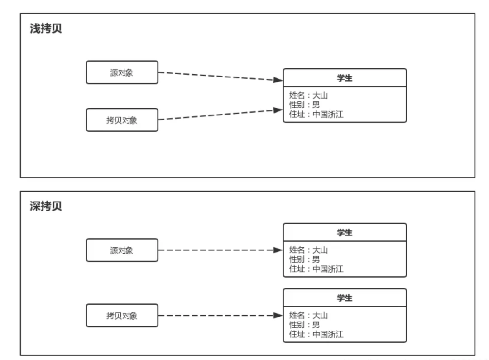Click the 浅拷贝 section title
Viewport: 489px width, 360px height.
(45, 29)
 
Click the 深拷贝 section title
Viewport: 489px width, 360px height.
(45, 206)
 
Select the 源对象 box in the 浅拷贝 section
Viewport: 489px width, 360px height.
(122, 72)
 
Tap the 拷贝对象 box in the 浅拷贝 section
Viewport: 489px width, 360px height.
(122, 120)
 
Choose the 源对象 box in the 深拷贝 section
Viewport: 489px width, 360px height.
(122, 250)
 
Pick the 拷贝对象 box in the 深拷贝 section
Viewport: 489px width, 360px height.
(122, 316)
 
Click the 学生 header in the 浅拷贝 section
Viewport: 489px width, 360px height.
(345, 78)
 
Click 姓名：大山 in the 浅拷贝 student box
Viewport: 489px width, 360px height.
(308, 96)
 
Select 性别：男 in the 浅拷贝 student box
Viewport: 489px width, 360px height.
(304, 105)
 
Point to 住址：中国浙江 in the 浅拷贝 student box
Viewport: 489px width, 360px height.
(316, 115)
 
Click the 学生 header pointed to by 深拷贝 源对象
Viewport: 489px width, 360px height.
(345, 233)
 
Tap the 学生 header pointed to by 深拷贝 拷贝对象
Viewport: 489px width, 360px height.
(345, 298)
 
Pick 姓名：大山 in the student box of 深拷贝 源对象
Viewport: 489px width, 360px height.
(308, 250)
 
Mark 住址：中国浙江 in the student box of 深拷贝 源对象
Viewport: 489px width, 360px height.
(316, 269)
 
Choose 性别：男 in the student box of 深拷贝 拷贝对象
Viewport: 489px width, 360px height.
(304, 325)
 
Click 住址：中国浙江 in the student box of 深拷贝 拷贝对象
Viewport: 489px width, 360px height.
(316, 335)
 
